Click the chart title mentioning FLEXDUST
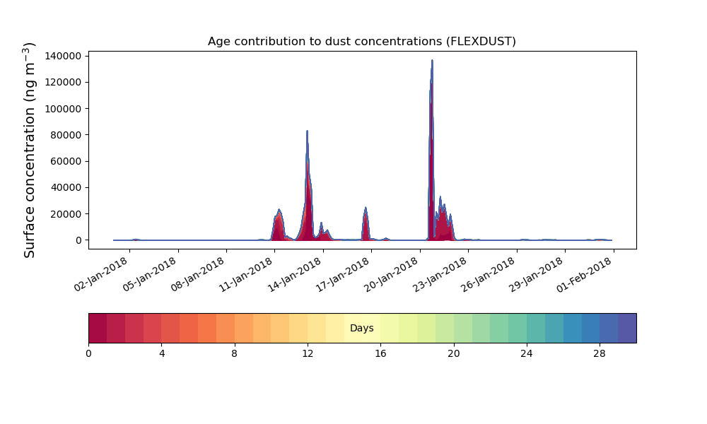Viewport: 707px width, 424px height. pyautogui.click(x=361, y=42)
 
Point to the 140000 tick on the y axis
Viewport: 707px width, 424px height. pyautogui.click(x=63, y=56)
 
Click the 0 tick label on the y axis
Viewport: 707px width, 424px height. pyautogui.click(x=79, y=240)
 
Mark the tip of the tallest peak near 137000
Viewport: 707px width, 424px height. pyautogui.click(x=432, y=60)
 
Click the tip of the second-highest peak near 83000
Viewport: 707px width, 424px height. pyautogui.click(x=307, y=131)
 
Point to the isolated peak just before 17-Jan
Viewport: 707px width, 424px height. pyautogui.click(x=366, y=208)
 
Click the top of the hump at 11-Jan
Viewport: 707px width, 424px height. pyautogui.click(x=279, y=209)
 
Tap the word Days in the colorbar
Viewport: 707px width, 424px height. pyautogui.click(x=361, y=328)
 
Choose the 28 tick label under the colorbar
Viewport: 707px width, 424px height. pyautogui.click(x=600, y=354)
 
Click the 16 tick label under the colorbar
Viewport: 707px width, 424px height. pyautogui.click(x=380, y=354)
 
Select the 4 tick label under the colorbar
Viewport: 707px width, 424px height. pyautogui.click(x=162, y=354)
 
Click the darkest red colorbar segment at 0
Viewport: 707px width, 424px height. pyautogui.click(x=98, y=328)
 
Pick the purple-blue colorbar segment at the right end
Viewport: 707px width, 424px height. pyautogui.click(x=627, y=328)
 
